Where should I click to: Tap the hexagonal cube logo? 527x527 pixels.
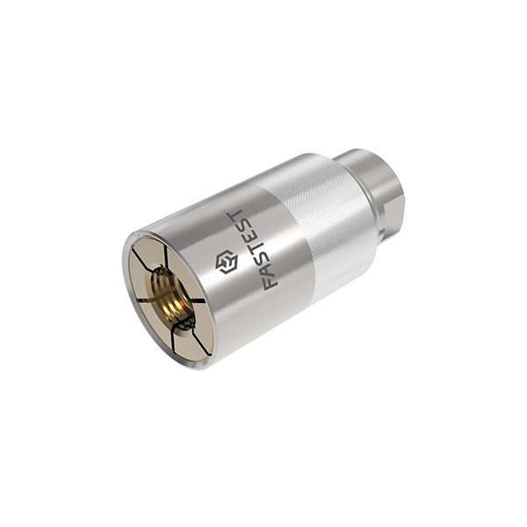coord(227,262)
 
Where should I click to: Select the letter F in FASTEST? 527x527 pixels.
coord(271,283)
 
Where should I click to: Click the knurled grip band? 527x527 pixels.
coord(322,225)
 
